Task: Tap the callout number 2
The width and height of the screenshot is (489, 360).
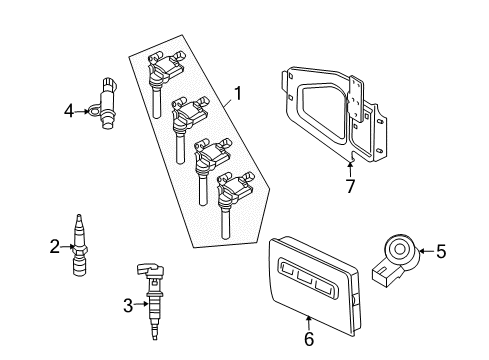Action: click(x=54, y=243)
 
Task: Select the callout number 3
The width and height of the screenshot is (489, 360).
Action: click(x=127, y=304)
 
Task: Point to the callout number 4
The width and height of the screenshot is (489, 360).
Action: click(x=69, y=112)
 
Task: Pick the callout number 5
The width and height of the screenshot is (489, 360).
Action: click(x=443, y=252)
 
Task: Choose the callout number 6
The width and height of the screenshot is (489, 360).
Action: click(x=308, y=340)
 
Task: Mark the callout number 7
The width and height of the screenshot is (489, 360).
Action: click(x=349, y=187)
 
